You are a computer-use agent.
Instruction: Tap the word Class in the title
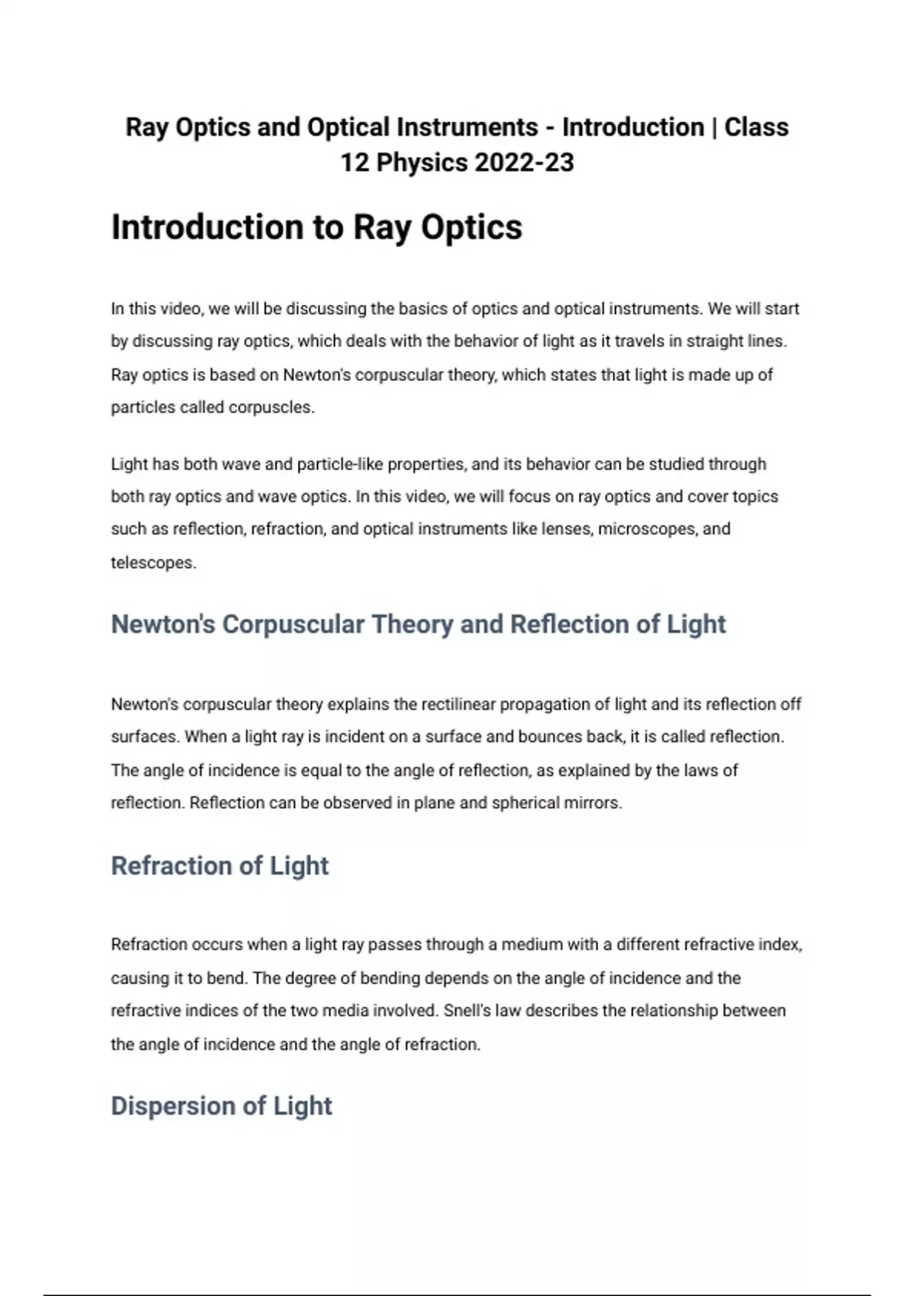point(756,127)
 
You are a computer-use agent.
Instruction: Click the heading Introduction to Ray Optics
point(316,227)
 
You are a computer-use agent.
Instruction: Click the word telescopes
point(152,563)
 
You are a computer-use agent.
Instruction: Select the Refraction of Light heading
point(220,866)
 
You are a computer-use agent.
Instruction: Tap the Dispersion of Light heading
point(221,1106)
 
